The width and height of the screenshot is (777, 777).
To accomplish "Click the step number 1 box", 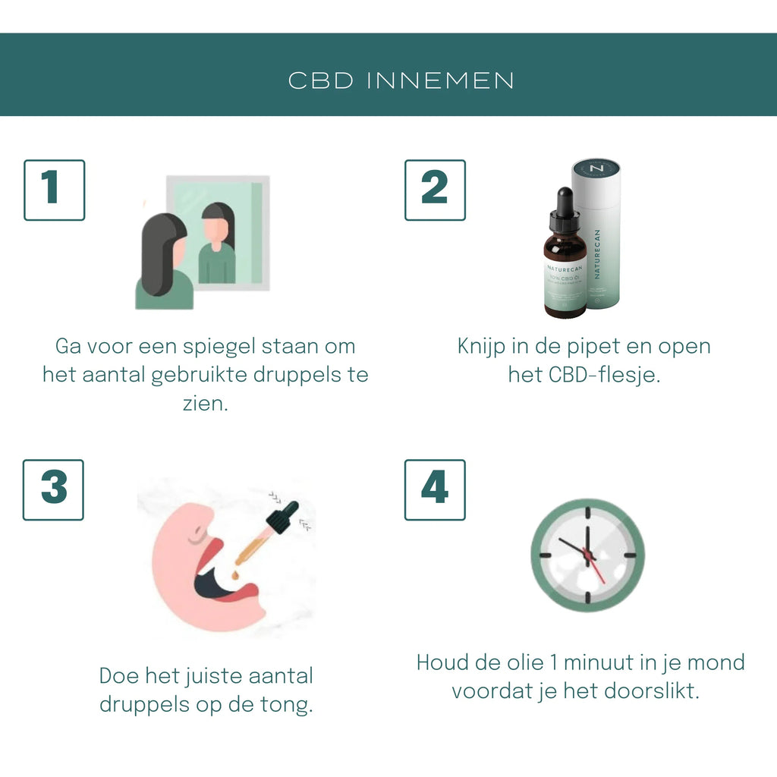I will point(54,190).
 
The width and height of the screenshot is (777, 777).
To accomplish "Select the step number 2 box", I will point(435,190).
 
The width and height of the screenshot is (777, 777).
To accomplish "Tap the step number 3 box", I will point(53,489).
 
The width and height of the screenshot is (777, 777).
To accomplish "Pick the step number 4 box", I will point(435,489).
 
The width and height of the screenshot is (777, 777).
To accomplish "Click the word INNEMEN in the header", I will point(441,81).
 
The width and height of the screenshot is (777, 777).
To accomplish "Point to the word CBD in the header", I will point(321,81).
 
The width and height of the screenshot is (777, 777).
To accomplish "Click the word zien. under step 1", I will point(205,403).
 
